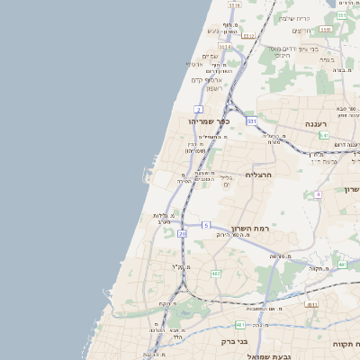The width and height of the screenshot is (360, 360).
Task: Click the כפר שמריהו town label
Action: [x=211, y=121]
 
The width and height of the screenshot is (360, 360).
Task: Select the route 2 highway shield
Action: [x=197, y=109]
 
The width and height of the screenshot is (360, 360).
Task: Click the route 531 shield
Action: [x=252, y=121]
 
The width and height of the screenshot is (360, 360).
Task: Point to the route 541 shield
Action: [x=323, y=135]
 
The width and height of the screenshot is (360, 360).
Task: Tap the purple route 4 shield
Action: [x=318, y=194]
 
